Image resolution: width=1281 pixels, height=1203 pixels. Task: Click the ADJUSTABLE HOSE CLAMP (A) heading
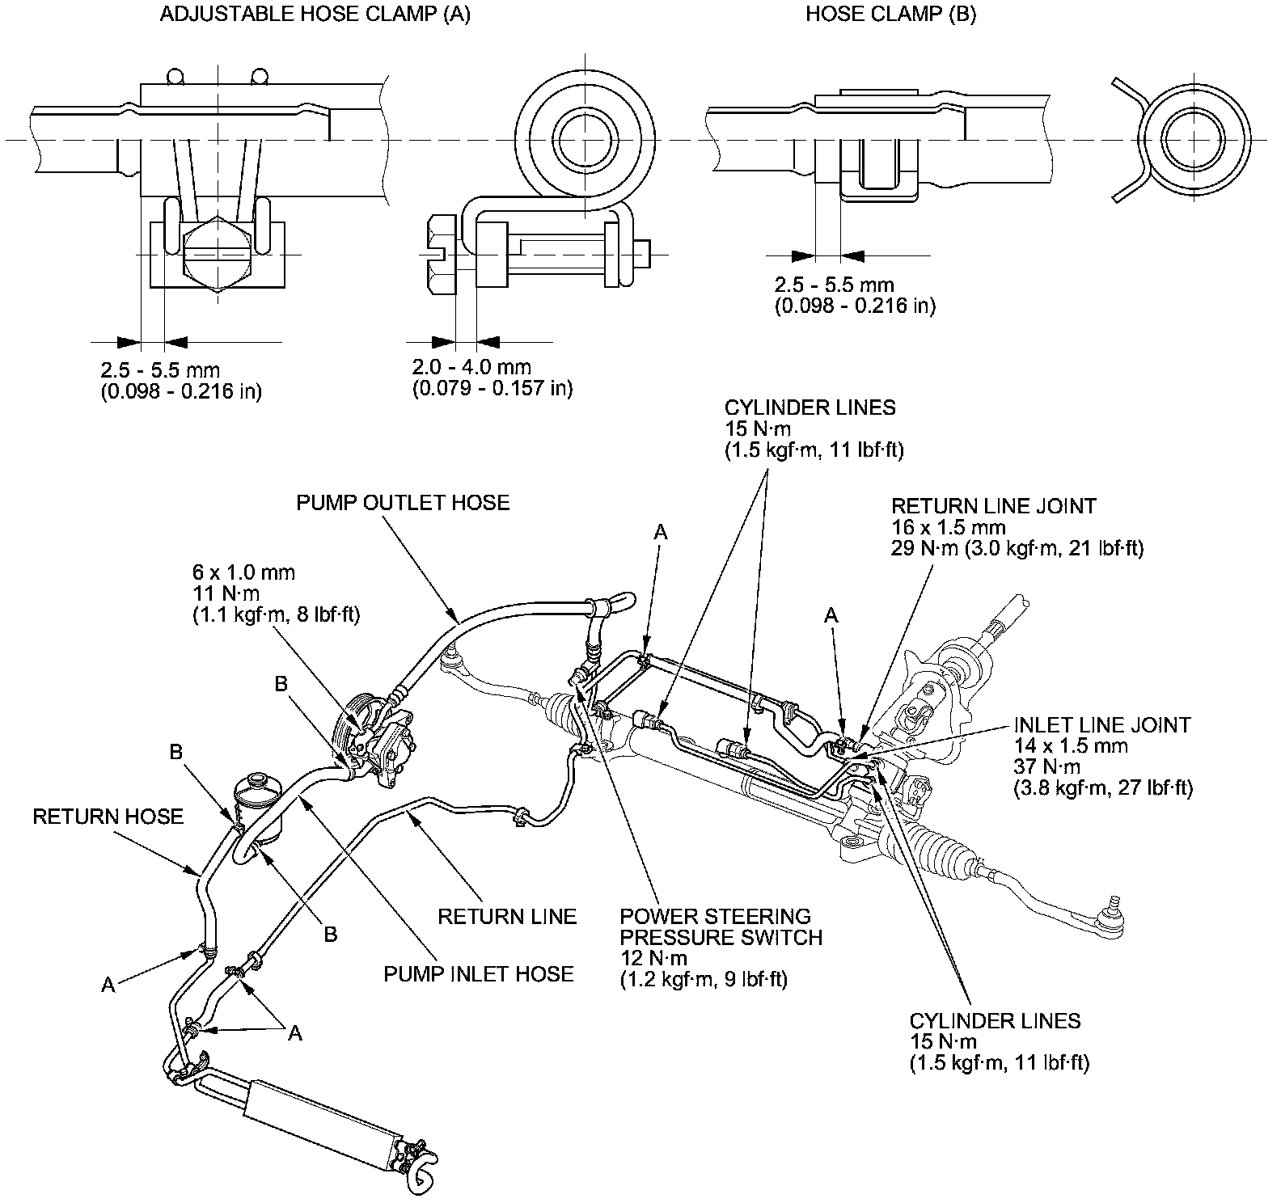[x=315, y=15]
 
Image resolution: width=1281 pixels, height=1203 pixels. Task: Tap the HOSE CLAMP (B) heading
[x=890, y=15]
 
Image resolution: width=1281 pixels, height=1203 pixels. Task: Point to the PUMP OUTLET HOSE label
[x=403, y=503]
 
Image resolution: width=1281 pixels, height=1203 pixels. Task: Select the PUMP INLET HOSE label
[x=479, y=973]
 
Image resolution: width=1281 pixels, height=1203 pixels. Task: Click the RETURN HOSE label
[x=108, y=817]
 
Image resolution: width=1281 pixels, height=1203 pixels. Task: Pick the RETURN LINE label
[x=507, y=916]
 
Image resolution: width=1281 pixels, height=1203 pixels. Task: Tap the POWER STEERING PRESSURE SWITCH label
[x=721, y=927]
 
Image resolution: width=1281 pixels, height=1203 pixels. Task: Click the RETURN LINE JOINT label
[x=993, y=506]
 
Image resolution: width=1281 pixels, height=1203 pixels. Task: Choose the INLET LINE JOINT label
[x=1101, y=724]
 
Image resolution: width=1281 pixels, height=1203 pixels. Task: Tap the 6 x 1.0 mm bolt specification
[x=243, y=573]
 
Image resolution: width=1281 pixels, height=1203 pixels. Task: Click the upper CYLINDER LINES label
[x=810, y=407]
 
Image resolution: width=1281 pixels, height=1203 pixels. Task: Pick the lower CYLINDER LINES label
[x=995, y=1020]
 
